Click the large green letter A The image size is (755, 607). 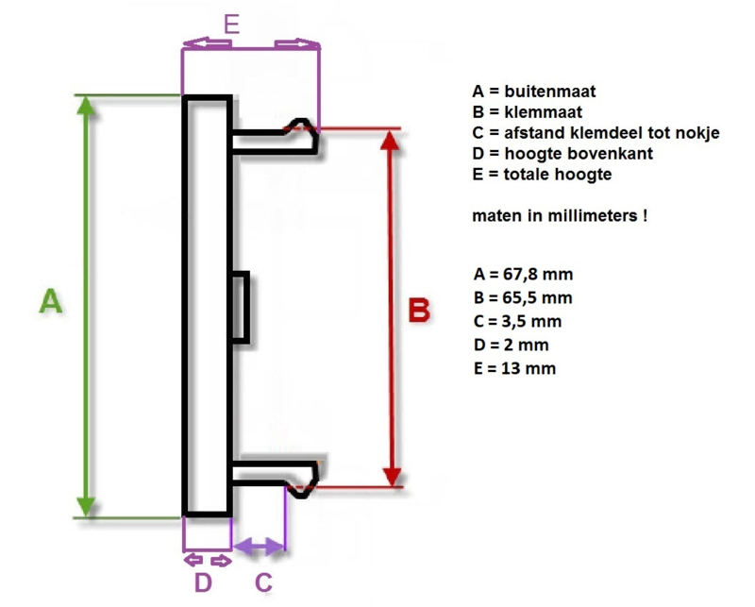click(51, 300)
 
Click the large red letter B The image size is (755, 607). click(419, 310)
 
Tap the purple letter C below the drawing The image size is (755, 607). click(263, 582)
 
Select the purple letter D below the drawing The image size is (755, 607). click(203, 582)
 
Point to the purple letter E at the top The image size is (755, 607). click(231, 24)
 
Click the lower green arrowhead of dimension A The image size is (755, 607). click(86, 507)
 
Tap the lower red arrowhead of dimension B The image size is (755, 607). click(393, 477)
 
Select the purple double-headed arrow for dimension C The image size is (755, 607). click(259, 547)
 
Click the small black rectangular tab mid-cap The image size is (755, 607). click(240, 308)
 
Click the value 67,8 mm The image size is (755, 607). click(538, 275)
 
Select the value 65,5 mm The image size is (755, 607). click(537, 298)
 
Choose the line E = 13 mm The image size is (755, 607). click(514, 368)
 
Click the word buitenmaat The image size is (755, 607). click(550, 91)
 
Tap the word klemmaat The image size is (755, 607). click(544, 111)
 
